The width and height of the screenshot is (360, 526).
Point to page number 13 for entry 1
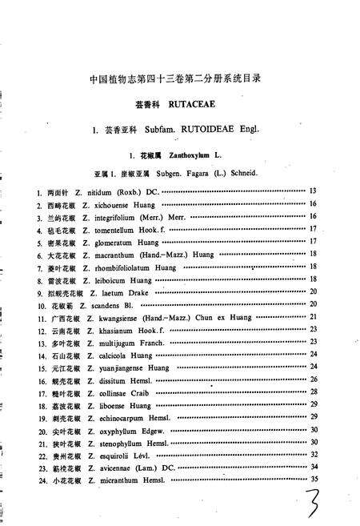313,191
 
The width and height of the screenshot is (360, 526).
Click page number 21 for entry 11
314,318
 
